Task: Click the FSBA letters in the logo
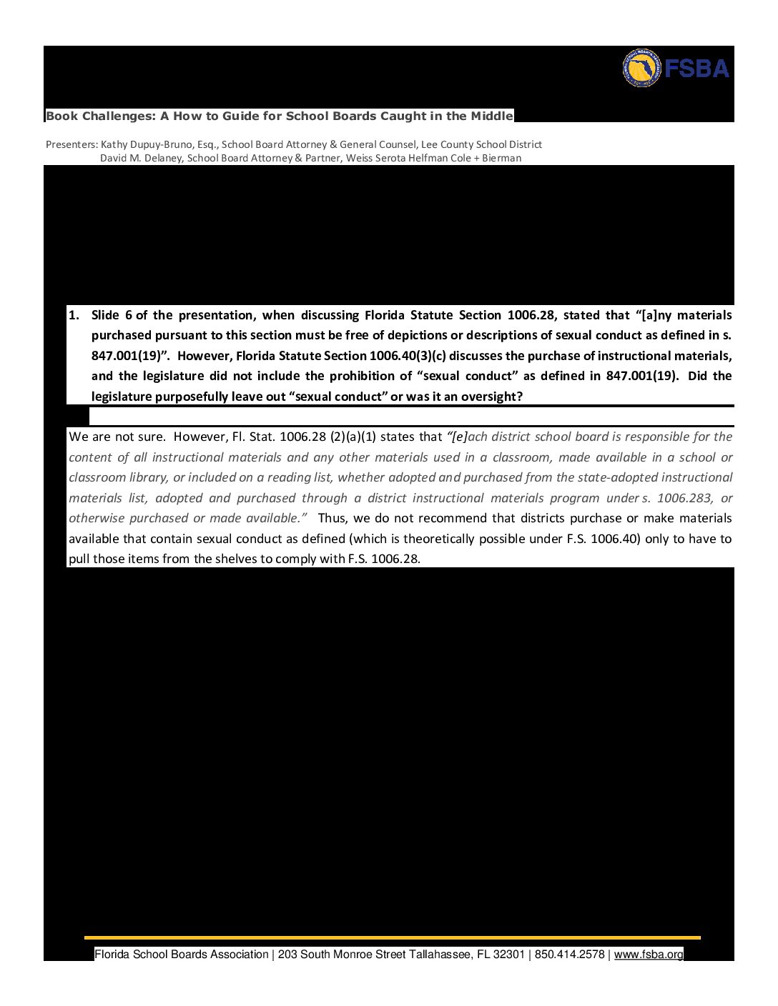[696, 69]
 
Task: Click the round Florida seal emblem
[641, 69]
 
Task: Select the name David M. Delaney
[142, 158]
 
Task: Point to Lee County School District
[481, 144]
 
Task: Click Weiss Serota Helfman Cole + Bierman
[433, 158]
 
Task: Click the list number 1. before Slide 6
[74, 315]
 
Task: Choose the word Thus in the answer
[332, 518]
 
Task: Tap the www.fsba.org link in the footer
[648, 955]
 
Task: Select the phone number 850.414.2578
[569, 955]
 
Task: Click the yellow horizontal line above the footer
[392, 937]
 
